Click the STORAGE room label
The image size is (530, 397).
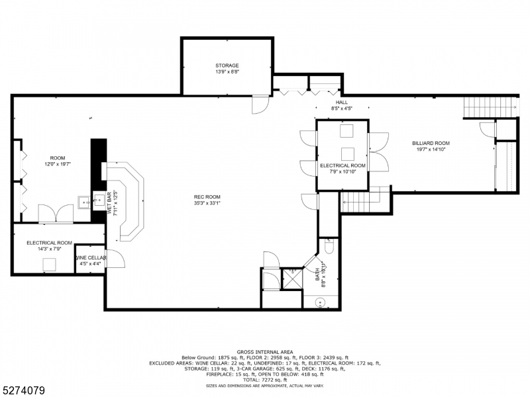tap(227, 66)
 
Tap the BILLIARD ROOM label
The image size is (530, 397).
tap(431, 143)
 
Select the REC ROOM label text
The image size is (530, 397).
tap(207, 197)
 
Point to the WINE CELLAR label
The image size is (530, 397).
tap(89, 257)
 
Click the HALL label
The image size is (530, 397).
tap(341, 103)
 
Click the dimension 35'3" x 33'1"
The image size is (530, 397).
tap(207, 203)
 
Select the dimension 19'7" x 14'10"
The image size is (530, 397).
tap(431, 150)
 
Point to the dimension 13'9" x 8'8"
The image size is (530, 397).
tap(227, 72)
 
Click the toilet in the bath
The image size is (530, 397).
tap(329, 247)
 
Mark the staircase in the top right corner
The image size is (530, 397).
tap(490, 106)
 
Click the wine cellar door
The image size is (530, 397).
tap(115, 259)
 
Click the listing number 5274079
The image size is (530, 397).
tap(23, 390)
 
